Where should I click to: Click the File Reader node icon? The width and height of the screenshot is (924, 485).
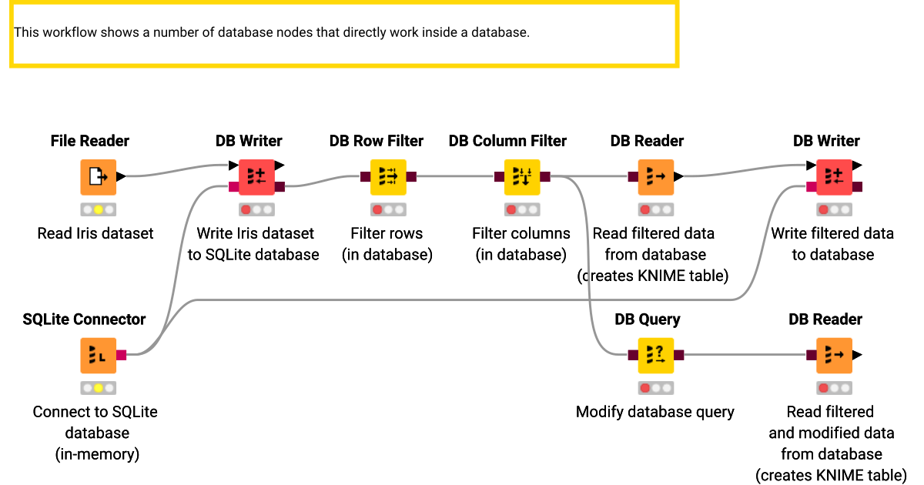(98, 177)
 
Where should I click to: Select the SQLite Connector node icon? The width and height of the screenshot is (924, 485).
(98, 355)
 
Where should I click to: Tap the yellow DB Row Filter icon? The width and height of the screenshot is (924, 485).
(387, 177)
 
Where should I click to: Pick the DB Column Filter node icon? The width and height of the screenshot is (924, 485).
(522, 177)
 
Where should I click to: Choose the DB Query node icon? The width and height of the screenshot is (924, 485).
(655, 355)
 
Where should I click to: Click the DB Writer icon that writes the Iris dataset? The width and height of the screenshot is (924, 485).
(256, 177)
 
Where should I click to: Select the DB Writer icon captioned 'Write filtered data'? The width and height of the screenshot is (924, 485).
(834, 177)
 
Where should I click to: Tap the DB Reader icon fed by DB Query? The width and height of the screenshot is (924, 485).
(834, 355)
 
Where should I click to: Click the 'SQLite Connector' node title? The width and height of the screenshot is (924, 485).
(84, 319)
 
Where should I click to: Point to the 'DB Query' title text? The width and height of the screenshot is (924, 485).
(648, 319)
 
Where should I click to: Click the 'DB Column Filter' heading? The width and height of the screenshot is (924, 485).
(507, 141)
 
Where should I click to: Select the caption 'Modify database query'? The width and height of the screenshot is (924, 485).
(654, 412)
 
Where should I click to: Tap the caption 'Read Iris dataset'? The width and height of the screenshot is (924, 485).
(95, 233)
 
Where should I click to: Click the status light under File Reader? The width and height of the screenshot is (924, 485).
(98, 209)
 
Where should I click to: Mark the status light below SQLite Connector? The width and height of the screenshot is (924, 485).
(98, 388)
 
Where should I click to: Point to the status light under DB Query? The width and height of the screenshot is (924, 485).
(655, 388)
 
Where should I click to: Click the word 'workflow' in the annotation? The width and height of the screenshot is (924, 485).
(68, 32)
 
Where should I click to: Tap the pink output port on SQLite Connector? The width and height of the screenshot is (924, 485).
(121, 355)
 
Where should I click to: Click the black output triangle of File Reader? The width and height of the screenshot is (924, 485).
(121, 177)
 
